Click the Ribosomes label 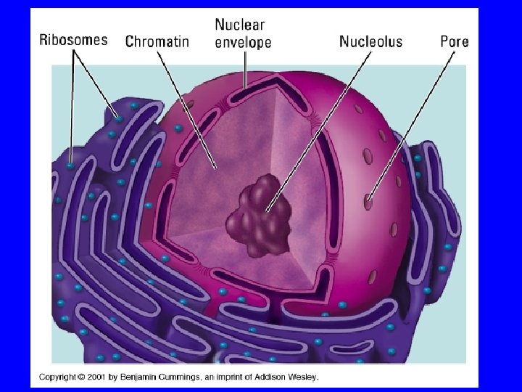72,40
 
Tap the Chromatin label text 157,41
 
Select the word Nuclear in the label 240,25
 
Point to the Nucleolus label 370,41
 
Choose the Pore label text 455,41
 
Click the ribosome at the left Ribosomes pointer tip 70,166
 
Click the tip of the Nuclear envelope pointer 246,88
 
